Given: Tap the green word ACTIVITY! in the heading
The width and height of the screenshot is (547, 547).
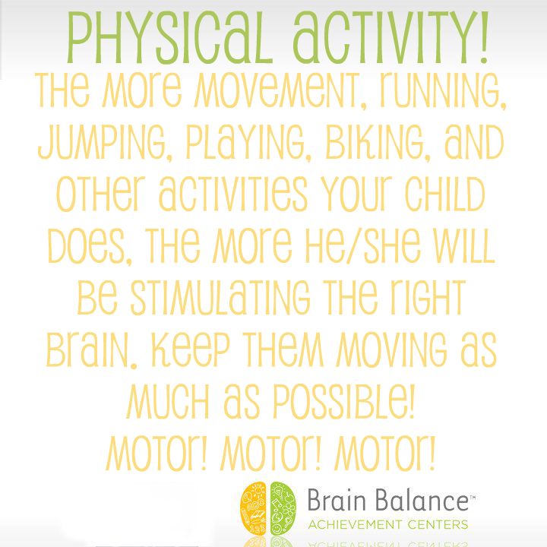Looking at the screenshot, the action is click(390, 38).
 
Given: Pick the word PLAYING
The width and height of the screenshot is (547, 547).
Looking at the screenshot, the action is click(248, 143).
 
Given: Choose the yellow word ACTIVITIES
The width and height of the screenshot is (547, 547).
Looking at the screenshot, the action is click(233, 194).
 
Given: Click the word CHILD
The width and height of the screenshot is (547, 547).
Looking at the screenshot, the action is click(445, 194).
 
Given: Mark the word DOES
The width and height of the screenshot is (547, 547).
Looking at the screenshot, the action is click(90, 246).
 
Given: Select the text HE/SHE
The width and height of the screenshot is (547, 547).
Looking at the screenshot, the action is click(363, 245).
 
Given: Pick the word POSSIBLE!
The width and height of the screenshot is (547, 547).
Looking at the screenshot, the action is click(344, 402).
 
